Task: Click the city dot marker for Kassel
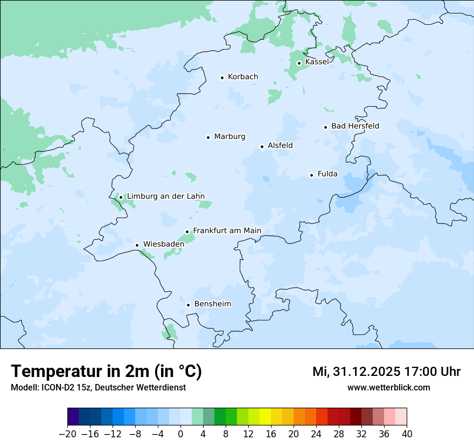pos(299,63)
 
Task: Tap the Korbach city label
pos(243,77)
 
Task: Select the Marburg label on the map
pos(229,137)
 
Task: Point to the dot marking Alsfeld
pos(262,146)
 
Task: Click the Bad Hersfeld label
pos(355,126)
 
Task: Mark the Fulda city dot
pos(311,175)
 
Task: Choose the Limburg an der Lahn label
pos(165,197)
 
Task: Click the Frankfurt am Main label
pos(227,231)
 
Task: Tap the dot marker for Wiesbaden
pos(137,246)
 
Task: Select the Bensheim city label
pos(212,304)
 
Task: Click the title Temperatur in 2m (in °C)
pos(106,372)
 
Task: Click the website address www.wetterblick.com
pos(388,387)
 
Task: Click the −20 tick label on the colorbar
pos(68,434)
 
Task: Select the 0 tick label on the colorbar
pos(180,434)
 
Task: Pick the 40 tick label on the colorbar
pos(407,434)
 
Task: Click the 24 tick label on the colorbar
pos(316,434)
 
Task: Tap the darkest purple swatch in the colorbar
pos(73,417)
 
